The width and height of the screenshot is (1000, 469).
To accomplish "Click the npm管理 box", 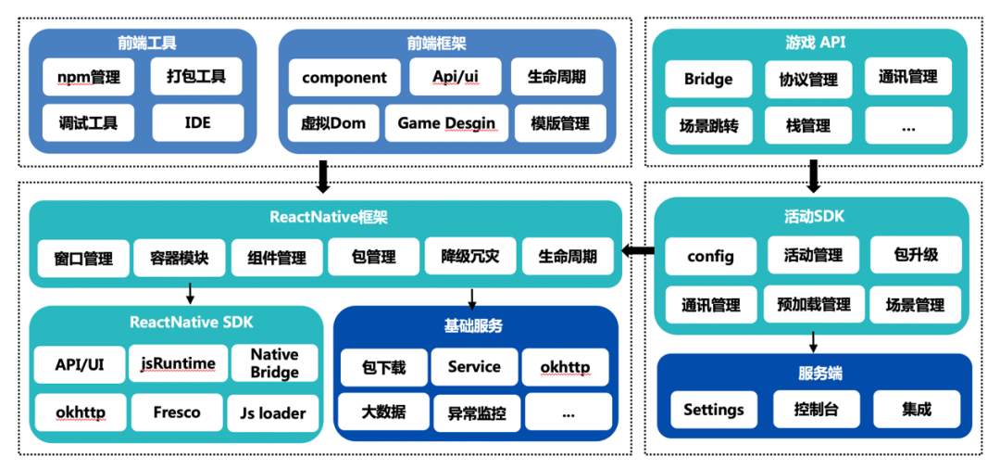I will (x=88, y=78).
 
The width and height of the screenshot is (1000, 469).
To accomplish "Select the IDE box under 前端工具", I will (x=197, y=122).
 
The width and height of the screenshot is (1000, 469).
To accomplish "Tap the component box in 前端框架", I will (x=344, y=78).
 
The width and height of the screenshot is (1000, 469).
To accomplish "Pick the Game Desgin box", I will (x=446, y=122).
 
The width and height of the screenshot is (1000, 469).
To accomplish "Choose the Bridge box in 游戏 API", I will (x=708, y=80).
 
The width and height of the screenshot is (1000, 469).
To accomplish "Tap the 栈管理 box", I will (x=809, y=125).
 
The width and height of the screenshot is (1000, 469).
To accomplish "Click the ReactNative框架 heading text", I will (x=328, y=218).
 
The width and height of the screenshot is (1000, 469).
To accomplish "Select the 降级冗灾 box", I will (x=469, y=257).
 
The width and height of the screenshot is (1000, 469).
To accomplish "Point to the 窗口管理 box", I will (x=84, y=257).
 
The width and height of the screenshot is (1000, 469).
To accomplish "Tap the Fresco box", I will (x=178, y=412).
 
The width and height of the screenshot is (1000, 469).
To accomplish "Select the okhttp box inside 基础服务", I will (x=565, y=367).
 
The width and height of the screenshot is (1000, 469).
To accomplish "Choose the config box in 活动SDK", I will (x=710, y=257).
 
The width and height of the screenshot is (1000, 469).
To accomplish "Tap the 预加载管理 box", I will (x=813, y=304).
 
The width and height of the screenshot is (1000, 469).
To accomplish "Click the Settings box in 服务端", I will (x=713, y=409).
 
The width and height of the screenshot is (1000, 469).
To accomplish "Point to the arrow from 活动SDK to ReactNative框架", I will (x=636, y=250).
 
